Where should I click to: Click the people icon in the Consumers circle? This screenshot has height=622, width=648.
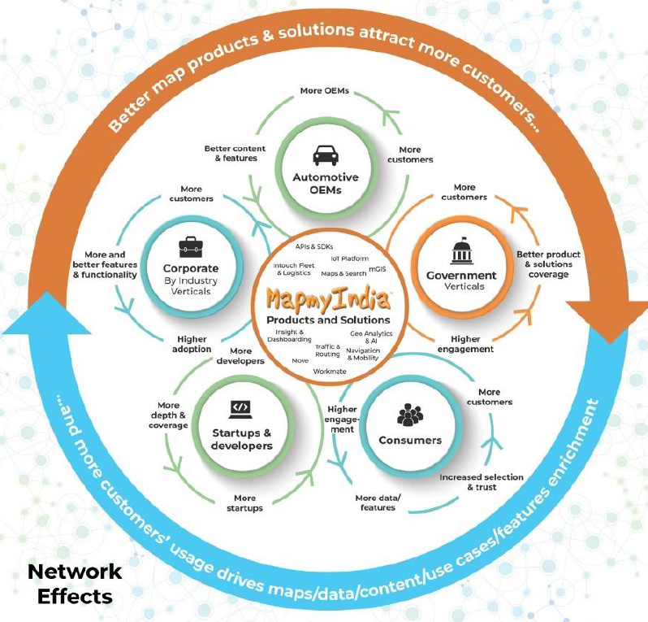coord(410,415)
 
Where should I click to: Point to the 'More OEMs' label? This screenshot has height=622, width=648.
coord(323,89)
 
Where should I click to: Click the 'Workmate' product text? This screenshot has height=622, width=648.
coord(330,370)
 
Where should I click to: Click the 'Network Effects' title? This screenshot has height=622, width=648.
coord(75,583)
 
